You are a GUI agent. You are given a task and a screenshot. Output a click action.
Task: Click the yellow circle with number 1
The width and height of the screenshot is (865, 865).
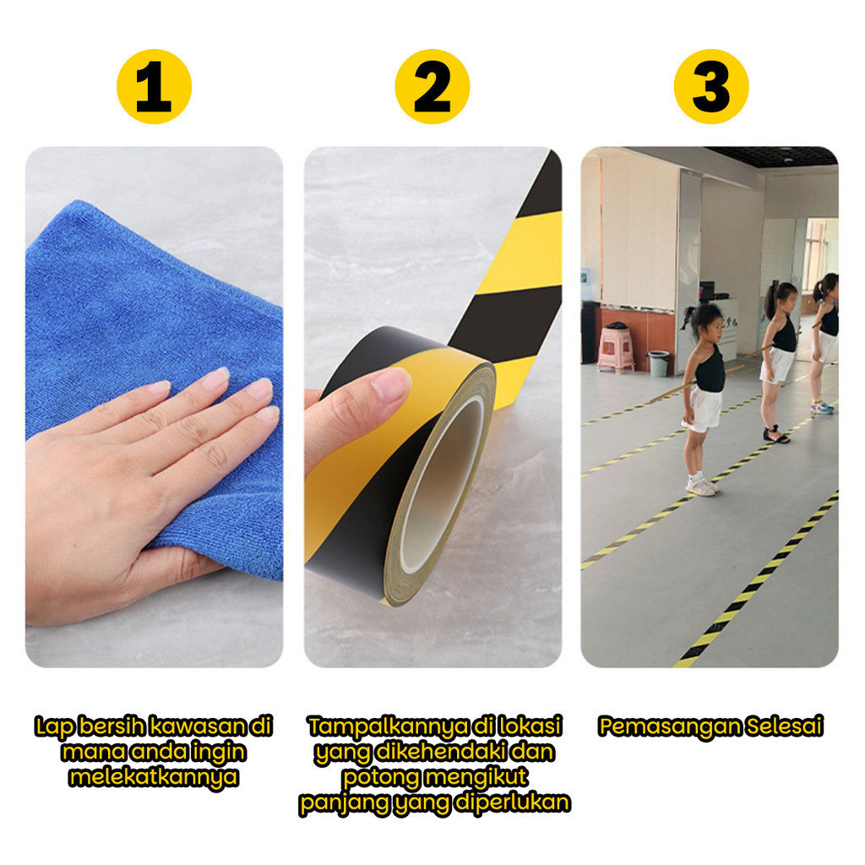[x=154, y=87]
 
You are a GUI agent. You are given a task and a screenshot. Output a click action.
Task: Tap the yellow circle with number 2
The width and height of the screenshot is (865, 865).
[x=432, y=87]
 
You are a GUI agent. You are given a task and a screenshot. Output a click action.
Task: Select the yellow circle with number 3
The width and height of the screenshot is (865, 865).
[x=711, y=87]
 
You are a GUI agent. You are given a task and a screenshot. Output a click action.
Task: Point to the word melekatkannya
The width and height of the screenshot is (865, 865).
[x=154, y=777]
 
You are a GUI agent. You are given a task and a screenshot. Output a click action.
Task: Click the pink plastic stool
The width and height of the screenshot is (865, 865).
[x=616, y=350]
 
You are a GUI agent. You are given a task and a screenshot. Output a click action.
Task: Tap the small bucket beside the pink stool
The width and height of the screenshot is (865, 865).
[x=658, y=363]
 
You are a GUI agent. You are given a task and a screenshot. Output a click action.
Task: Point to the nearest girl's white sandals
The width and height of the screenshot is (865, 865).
[x=701, y=486]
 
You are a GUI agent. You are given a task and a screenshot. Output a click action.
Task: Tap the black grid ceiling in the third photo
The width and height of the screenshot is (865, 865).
[x=771, y=155]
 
